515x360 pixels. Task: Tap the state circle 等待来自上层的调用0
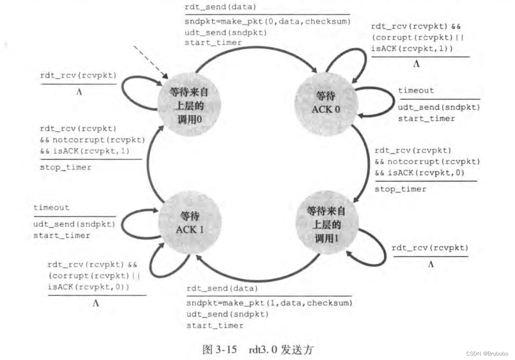pos(189,103)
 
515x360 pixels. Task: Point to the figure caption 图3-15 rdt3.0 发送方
pos(257,349)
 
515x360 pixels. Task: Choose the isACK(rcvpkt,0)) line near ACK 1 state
pos(89,287)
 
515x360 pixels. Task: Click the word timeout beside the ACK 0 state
pos(416,90)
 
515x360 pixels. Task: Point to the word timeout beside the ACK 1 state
pos(51,207)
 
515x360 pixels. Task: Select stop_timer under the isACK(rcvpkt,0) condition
pos(400,189)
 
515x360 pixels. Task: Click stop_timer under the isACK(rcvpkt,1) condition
pos(66,167)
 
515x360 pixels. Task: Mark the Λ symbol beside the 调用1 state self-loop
pos(430,265)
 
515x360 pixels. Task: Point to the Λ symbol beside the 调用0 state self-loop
pos(79,93)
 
